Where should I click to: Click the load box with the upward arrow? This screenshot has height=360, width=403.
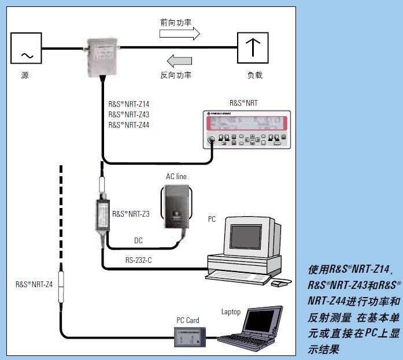253,49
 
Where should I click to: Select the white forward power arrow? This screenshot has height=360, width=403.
180,34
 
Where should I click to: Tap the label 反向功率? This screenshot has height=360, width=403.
176,75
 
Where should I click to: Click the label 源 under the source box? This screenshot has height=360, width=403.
25,76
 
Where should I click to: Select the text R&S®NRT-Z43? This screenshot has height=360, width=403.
129,114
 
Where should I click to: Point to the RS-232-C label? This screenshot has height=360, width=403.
139,261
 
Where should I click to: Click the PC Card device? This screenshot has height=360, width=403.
191,336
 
